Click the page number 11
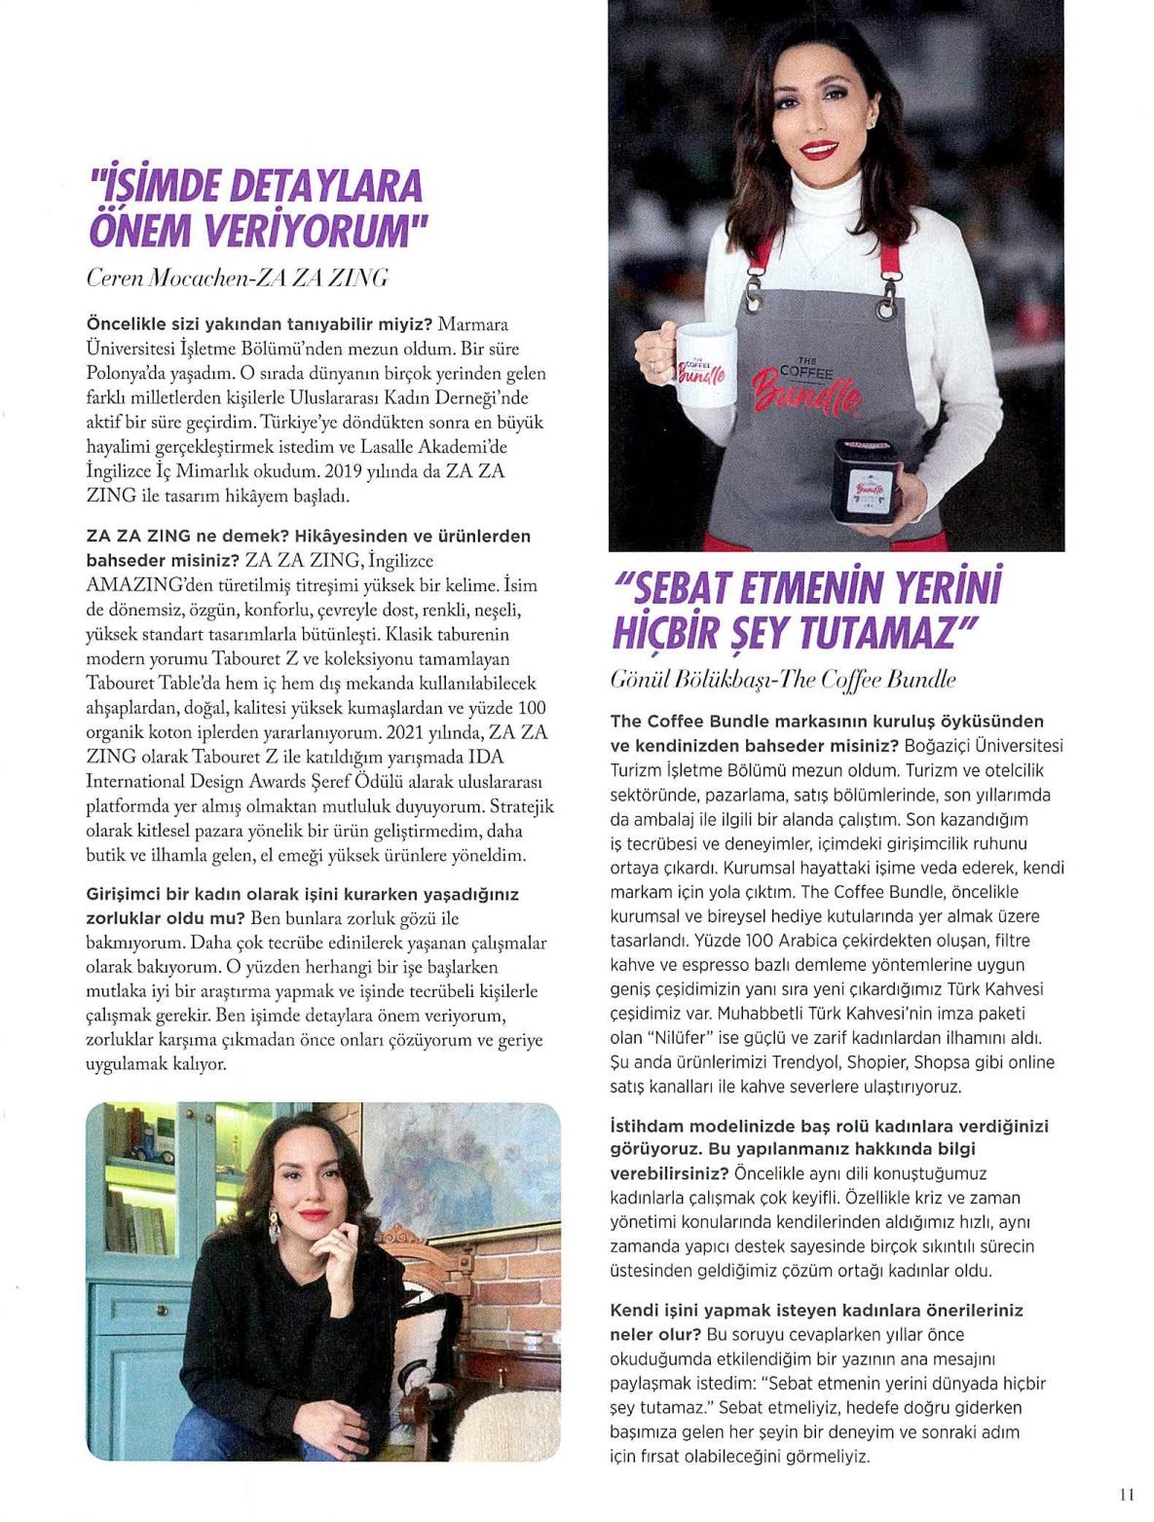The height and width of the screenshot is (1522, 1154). point(1128,1491)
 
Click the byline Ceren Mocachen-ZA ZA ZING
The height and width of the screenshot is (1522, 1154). point(238,278)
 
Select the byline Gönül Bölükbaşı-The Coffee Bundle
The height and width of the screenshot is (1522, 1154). point(782,679)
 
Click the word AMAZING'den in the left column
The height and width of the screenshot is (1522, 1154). point(136,585)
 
